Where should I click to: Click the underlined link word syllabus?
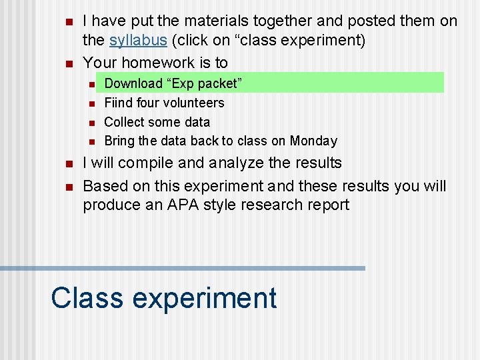pyautogui.click(x=138, y=40)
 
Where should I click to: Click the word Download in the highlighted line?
pyautogui.click(x=133, y=83)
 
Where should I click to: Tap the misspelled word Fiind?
pyautogui.click(x=118, y=103)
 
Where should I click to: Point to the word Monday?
pyautogui.click(x=313, y=141)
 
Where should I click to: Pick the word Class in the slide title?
pyautogui.click(x=87, y=297)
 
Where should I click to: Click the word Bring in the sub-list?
pyautogui.click(x=119, y=141)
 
